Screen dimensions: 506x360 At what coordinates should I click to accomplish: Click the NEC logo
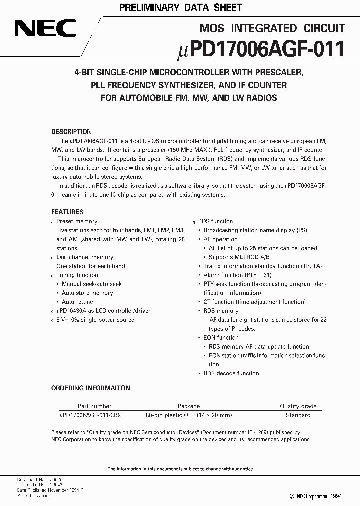(45, 29)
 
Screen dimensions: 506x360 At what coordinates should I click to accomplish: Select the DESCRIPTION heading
(71, 132)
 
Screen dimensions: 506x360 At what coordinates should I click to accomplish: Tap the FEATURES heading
(67, 212)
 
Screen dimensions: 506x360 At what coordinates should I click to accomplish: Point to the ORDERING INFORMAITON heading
(91, 388)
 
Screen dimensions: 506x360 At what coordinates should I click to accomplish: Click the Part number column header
(94, 406)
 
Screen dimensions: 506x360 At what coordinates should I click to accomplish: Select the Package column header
(188, 406)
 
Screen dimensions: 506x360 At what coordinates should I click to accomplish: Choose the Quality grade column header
(298, 406)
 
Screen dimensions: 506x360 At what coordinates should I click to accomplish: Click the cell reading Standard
(298, 415)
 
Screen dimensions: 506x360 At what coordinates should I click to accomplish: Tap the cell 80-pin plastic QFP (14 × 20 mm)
(189, 415)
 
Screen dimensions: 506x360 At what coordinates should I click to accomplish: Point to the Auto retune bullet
(77, 302)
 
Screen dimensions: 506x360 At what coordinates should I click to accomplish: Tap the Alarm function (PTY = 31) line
(238, 275)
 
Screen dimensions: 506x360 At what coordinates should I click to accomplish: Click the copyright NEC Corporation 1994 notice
(316, 496)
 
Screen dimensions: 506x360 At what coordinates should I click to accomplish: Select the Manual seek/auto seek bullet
(91, 284)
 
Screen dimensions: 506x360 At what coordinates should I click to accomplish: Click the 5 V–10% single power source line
(95, 320)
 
